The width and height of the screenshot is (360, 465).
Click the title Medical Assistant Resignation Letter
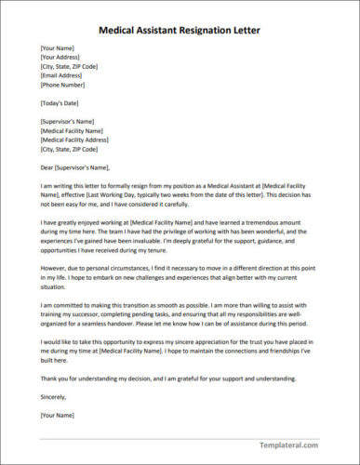click(180, 30)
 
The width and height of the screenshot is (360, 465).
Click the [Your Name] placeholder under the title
click(57, 48)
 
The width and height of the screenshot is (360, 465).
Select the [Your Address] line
click(60, 58)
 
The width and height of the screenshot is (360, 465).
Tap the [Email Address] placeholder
click(62, 75)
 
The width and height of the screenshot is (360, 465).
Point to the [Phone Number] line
click(63, 84)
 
